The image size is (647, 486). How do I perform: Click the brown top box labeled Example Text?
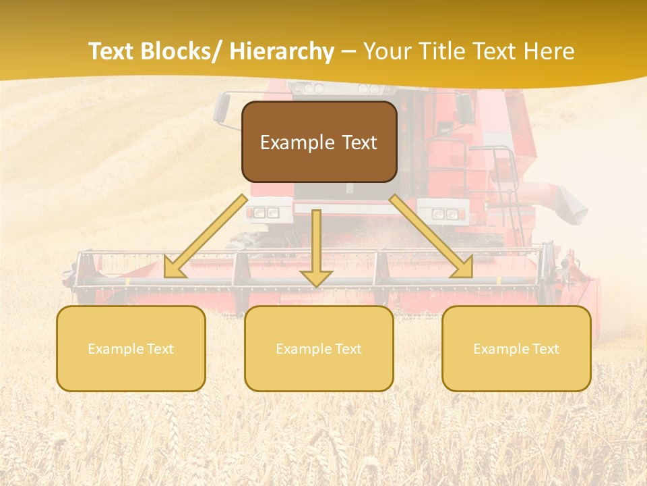pos(319,142)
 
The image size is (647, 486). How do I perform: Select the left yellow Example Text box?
pos(131,348)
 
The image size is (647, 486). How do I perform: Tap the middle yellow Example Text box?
pos(319,348)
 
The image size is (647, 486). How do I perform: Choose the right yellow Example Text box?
pos(516,348)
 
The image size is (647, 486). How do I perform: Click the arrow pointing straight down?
pos(316,250)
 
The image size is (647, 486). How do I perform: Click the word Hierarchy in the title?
pos(282,51)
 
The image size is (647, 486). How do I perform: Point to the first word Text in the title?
pos(113,51)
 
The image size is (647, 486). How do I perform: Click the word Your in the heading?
pos(386,51)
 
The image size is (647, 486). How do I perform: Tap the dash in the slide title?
pos(348,51)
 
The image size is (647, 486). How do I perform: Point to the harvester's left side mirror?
pos(222,109)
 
